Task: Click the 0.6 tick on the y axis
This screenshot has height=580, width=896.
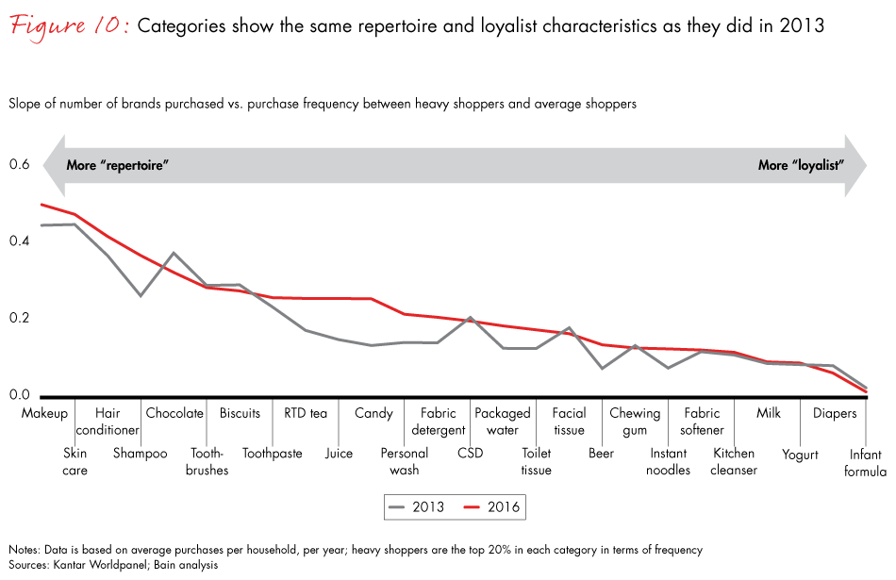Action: click(20, 165)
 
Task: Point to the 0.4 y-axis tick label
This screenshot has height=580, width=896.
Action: click(20, 241)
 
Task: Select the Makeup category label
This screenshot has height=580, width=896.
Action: click(44, 413)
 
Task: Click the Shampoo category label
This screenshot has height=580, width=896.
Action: click(141, 453)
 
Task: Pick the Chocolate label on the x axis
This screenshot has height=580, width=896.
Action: click(174, 413)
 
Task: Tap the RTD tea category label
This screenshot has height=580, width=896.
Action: click(306, 413)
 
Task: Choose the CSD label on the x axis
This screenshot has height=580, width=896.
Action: click(469, 453)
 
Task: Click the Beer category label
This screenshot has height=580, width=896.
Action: click(601, 453)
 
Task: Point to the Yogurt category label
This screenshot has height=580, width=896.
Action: click(800, 453)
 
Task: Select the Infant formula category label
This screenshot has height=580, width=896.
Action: click(865, 461)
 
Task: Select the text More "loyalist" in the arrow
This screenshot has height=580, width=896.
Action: click(800, 165)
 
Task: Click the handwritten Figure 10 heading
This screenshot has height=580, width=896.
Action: click(69, 25)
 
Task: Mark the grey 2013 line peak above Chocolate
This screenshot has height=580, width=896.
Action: click(174, 253)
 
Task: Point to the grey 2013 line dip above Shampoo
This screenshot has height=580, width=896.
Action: click(141, 295)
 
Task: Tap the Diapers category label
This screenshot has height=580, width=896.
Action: click(834, 413)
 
